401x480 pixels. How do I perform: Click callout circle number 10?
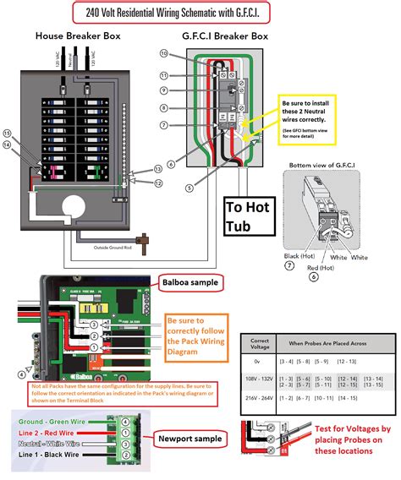163,53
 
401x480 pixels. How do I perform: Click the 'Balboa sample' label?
190,281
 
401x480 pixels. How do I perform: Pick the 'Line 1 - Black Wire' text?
52,455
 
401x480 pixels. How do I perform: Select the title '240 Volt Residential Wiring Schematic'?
200,13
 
